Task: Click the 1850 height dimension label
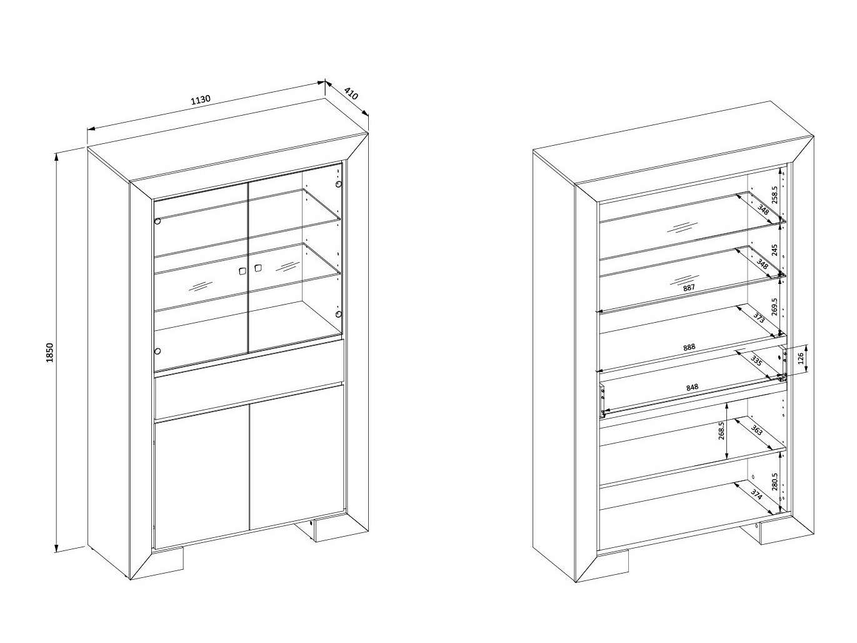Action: [x=49, y=353]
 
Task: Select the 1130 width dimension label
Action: [x=201, y=101]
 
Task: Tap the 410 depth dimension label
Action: [x=351, y=94]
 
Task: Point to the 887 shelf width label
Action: [x=689, y=288]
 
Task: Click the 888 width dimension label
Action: [x=689, y=347]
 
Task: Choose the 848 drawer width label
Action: [x=692, y=388]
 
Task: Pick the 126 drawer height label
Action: [x=800, y=358]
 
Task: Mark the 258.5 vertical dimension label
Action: [x=775, y=195]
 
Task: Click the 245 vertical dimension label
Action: [x=775, y=250]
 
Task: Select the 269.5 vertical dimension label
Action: [x=775, y=306]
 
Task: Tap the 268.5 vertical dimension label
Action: [x=721, y=431]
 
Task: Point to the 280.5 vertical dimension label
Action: [x=775, y=482]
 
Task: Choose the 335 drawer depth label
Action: [x=756, y=361]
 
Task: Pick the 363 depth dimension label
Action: [x=756, y=430]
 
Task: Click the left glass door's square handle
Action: [x=243, y=271]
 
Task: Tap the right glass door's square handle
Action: [x=258, y=268]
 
